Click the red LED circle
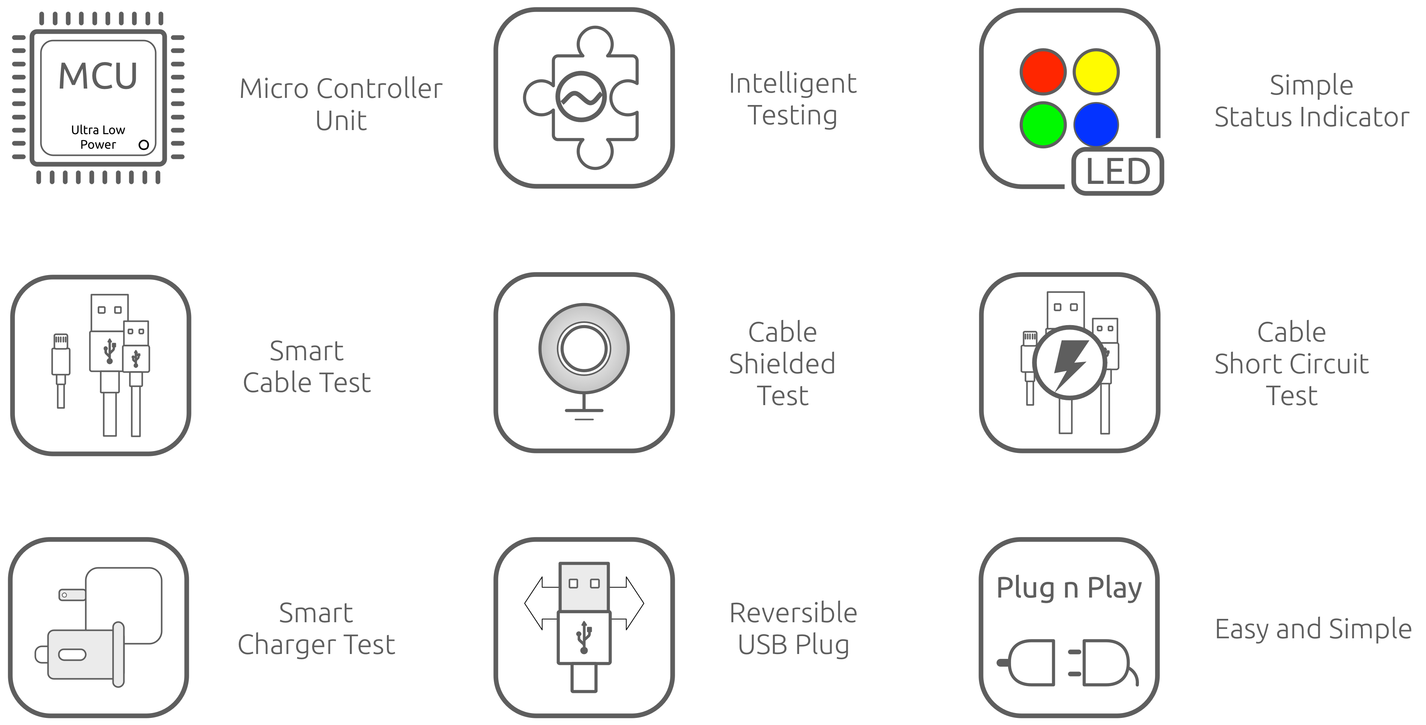pos(1043,72)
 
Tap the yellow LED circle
pos(1096,72)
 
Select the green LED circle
pos(1043,124)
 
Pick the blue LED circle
pos(1096,124)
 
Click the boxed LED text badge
pos(1118,171)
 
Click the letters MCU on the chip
pos(98,76)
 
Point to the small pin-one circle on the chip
pos(144,145)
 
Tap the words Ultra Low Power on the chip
pos(98,137)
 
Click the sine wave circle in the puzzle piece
pos(581,97)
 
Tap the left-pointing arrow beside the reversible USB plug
pos(541,603)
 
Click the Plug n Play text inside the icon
pos(1069,588)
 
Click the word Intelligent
pos(793,84)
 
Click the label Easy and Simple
pos(1313,629)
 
